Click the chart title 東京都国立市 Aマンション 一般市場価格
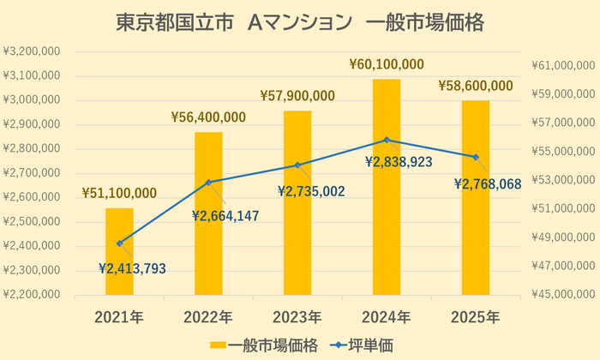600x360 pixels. [x=300, y=23]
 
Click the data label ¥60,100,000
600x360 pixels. [x=387, y=64]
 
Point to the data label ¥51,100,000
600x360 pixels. [x=119, y=193]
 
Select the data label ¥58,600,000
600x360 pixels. [x=476, y=86]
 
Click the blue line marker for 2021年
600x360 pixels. [x=119, y=243]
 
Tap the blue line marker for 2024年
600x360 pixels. [x=387, y=140]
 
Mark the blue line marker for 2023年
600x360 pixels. [x=297, y=165]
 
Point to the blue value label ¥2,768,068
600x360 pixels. [x=488, y=183]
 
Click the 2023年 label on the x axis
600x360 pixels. [x=297, y=317]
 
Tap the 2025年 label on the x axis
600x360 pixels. [x=476, y=317]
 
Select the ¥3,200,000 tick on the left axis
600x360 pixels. [x=32, y=51]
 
